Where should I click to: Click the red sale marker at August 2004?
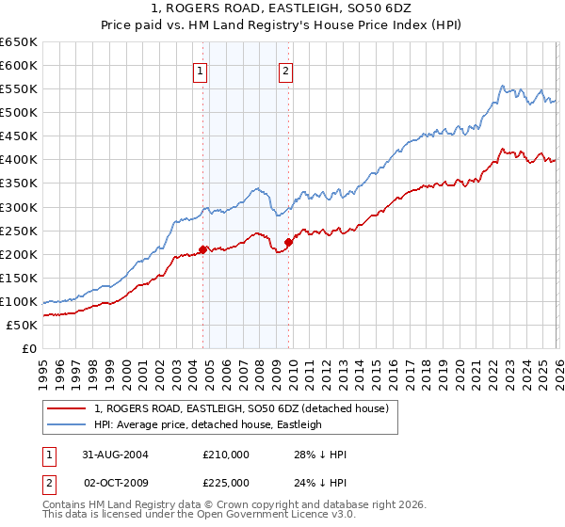[202, 249]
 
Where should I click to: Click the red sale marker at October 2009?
[288, 242]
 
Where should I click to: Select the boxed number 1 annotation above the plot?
[201, 69]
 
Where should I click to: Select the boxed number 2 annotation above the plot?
[285, 69]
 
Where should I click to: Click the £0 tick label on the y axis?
[29, 349]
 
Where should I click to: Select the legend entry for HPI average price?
[208, 424]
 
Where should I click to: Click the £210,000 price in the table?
[227, 455]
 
